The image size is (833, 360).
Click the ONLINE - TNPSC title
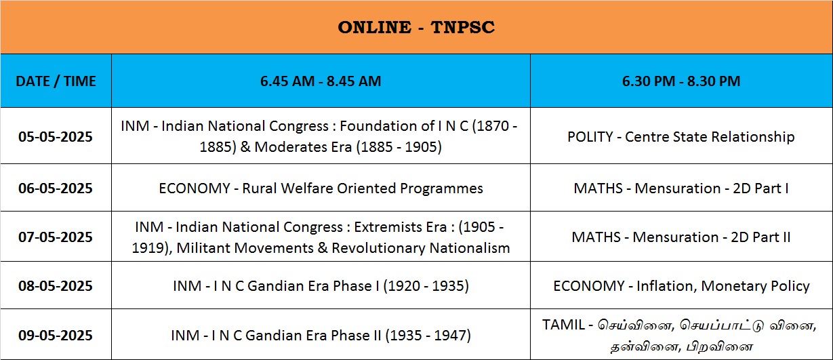coord(416,27)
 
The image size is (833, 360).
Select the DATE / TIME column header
coord(56,81)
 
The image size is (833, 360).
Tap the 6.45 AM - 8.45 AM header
coord(321,81)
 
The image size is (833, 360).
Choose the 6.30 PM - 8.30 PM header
coord(681,81)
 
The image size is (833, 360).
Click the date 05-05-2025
coord(56,136)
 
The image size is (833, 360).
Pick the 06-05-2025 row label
coord(56,188)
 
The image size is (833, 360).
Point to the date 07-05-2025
coord(56,237)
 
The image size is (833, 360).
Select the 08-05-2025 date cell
coord(56,285)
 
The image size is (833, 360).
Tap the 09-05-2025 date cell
coord(56,335)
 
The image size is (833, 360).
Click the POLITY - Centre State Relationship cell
coord(681,137)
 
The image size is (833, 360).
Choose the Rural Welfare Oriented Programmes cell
coord(321,188)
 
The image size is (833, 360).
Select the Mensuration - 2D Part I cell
coord(681,188)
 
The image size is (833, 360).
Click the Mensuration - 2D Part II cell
coord(681,237)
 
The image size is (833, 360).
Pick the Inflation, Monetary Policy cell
coord(681,286)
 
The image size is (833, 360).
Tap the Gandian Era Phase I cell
coord(321,286)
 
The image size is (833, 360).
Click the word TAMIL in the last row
coord(563,325)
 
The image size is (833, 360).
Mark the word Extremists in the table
coord(400,227)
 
